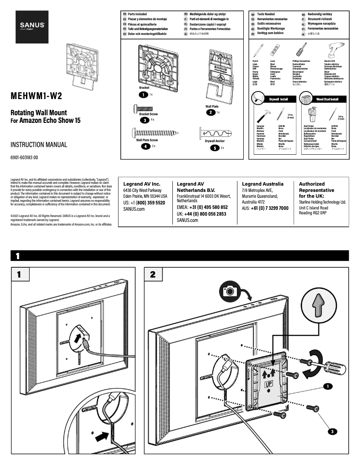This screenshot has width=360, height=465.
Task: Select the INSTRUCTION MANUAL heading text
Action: click(39, 145)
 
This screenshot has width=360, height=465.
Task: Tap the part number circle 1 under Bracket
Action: click(143, 95)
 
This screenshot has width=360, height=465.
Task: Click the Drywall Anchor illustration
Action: click(215, 133)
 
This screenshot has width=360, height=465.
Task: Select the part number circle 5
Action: click(215, 148)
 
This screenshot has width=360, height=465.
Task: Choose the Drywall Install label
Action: click(278, 99)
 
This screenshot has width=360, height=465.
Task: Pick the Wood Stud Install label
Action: click(327, 99)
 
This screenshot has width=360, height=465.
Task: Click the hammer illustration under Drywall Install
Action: click(262, 115)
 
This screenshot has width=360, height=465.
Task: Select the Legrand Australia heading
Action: click(263, 184)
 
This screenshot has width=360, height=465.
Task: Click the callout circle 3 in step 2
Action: click(331, 431)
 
